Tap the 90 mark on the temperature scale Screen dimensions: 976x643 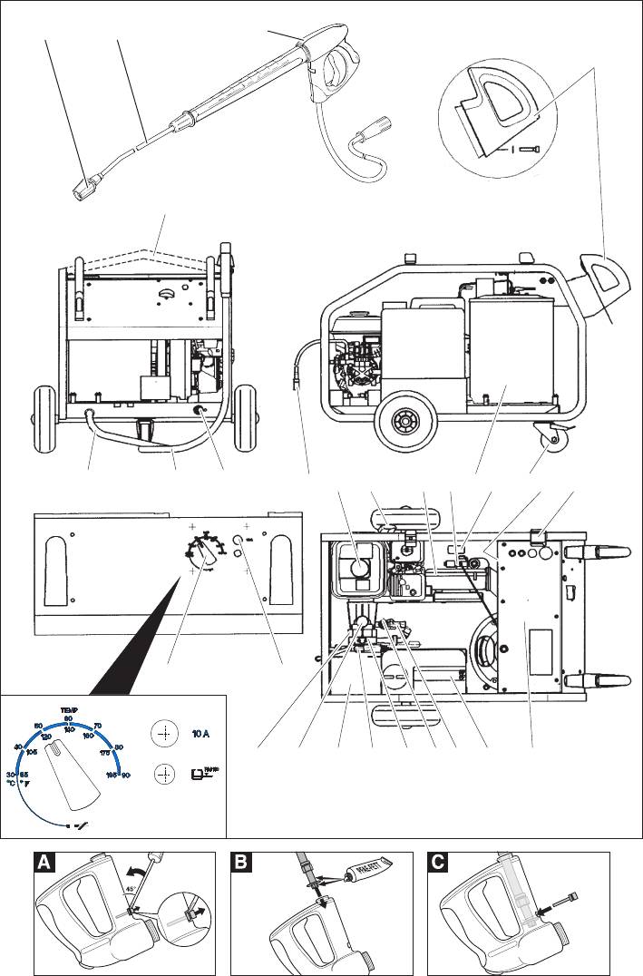click(126, 774)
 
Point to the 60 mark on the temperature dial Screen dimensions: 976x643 click(68, 718)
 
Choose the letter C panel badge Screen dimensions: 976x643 click(442, 865)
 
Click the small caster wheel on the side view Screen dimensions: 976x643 click(550, 439)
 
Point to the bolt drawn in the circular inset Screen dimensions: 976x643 click(531, 149)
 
